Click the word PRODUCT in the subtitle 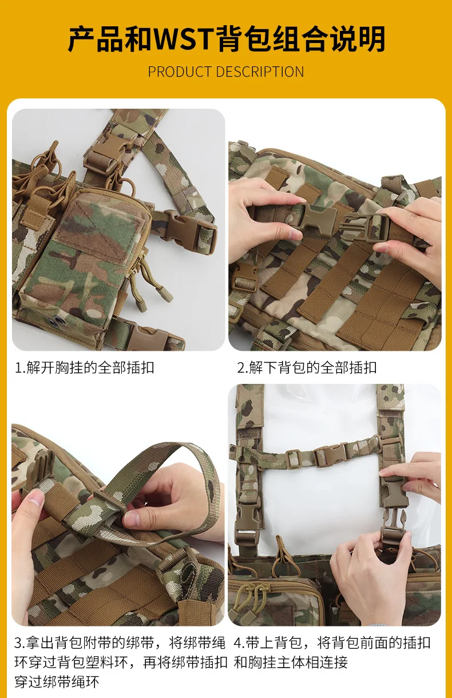click(x=180, y=72)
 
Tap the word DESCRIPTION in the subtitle click(x=260, y=72)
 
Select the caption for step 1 click(x=85, y=368)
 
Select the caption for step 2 click(x=307, y=368)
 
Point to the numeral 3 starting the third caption click(x=18, y=643)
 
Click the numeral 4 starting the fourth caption click(x=237, y=643)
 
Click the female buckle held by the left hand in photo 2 click(x=318, y=217)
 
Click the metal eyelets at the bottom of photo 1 click(x=55, y=322)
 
